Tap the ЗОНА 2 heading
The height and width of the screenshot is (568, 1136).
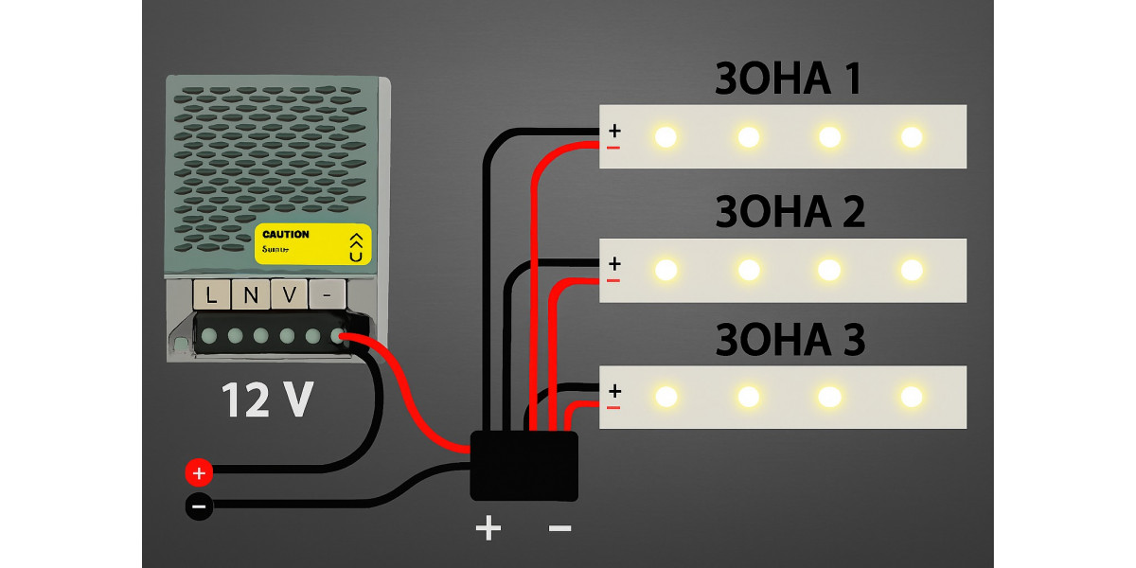click(x=790, y=212)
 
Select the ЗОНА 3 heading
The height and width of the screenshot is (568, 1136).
click(x=790, y=340)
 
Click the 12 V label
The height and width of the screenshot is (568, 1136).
click(x=267, y=400)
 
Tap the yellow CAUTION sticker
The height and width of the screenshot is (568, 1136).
click(x=312, y=244)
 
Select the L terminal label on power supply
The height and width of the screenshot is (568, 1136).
click(x=211, y=295)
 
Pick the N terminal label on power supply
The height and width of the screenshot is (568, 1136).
click(x=251, y=295)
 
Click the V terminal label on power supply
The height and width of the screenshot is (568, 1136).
click(x=290, y=295)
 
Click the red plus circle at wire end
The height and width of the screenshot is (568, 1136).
click(x=198, y=471)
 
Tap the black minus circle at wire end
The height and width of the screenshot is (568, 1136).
click(x=198, y=506)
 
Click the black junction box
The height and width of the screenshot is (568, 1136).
click(x=524, y=465)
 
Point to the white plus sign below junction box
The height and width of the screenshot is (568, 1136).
click(x=488, y=527)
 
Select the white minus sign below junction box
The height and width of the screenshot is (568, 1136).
click(x=559, y=527)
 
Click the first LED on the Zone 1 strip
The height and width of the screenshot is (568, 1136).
click(x=666, y=137)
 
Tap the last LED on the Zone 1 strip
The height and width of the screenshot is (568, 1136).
click(x=912, y=137)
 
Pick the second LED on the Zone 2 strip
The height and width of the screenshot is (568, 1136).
click(x=748, y=270)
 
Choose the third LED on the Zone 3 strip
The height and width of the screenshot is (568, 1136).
click(x=829, y=397)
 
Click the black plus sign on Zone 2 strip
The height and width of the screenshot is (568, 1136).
click(x=614, y=262)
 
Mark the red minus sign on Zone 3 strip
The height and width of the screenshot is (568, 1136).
click(x=613, y=407)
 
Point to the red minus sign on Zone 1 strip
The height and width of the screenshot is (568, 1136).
click(x=613, y=148)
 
